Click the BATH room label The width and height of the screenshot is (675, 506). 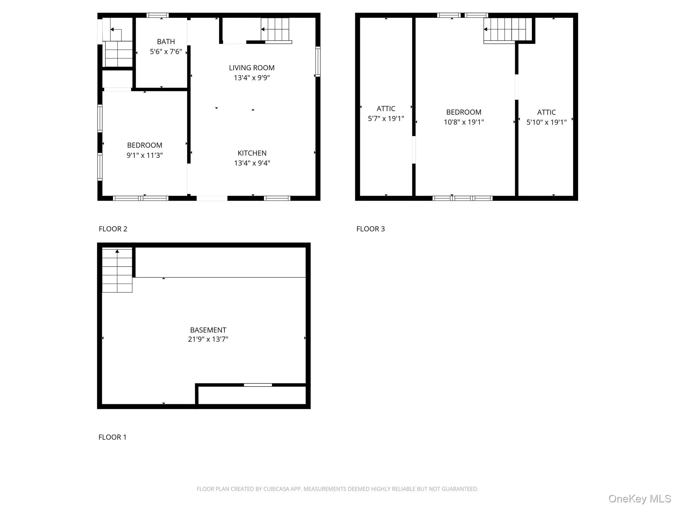tap(166, 42)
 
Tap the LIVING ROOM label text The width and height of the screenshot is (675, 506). tap(251, 68)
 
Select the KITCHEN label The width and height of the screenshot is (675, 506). tap(252, 153)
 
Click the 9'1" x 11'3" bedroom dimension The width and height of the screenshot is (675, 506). tap(145, 155)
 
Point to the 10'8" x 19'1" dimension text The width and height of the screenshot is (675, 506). tap(463, 122)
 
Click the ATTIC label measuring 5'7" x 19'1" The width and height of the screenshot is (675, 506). tap(386, 109)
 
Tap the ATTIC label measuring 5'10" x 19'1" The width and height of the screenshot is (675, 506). tap(546, 112)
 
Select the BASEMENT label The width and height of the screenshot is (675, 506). tap(208, 330)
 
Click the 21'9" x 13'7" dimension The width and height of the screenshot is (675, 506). tap(208, 339)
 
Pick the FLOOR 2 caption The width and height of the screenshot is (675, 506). tap(113, 229)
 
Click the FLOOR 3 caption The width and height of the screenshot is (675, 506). tap(370, 229)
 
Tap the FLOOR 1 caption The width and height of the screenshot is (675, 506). tap(112, 437)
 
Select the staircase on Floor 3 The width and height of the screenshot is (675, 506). tap(505, 30)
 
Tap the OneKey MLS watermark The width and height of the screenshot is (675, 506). tap(639, 499)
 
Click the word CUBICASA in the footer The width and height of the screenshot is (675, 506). tap(276, 489)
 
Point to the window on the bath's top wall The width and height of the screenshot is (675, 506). tap(158, 15)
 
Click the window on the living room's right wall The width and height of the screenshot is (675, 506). tap(318, 62)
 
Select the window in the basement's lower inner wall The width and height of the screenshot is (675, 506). tap(258, 385)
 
